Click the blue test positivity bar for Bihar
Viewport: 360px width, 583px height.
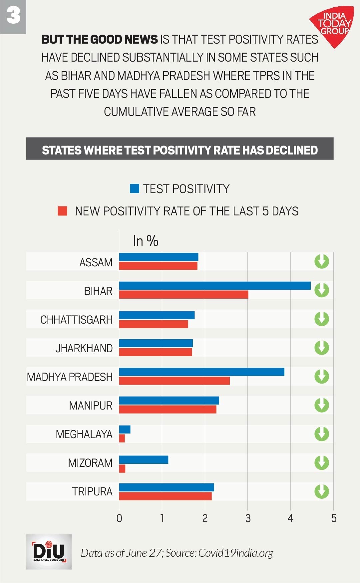pyautogui.click(x=215, y=286)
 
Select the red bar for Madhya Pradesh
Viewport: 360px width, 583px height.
pyautogui.click(x=174, y=381)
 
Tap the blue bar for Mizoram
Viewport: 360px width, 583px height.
pyautogui.click(x=144, y=460)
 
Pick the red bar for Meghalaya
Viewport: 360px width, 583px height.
pyautogui.click(x=122, y=438)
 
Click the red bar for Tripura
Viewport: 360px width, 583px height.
pyautogui.click(x=165, y=496)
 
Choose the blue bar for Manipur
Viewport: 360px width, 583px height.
pyautogui.click(x=169, y=401)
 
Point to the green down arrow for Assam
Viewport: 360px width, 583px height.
pyautogui.click(x=321, y=261)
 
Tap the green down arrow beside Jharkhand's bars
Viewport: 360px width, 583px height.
pyautogui.click(x=321, y=348)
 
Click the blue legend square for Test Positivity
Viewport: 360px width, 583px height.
pyautogui.click(x=134, y=188)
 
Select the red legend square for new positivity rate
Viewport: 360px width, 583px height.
pyautogui.click(x=63, y=211)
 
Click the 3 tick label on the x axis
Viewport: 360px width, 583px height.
pyautogui.click(x=248, y=518)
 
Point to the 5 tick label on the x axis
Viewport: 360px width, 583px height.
pyautogui.click(x=334, y=518)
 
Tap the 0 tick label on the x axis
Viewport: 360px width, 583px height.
pyautogui.click(x=119, y=518)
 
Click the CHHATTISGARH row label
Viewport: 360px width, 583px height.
pyautogui.click(x=76, y=320)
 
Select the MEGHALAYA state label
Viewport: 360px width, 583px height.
pyautogui.click(x=84, y=434)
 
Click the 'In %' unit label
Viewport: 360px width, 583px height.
pyautogui.click(x=146, y=241)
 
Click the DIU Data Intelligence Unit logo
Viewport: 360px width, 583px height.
pyautogui.click(x=49, y=552)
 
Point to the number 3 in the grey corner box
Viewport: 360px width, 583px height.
pyautogui.click(x=13, y=16)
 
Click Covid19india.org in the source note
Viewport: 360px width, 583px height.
pyautogui.click(x=235, y=553)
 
